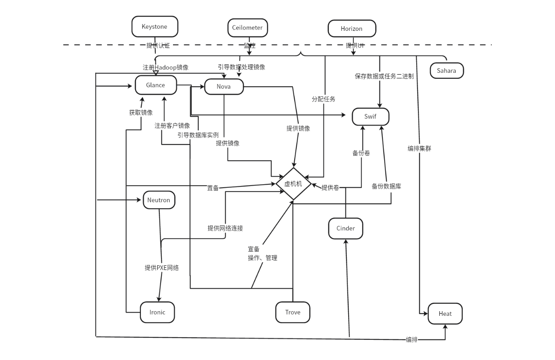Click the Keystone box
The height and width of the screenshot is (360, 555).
coord(155,27)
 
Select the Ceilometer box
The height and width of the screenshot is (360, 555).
coord(248,27)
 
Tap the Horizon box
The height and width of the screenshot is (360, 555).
coord(352,29)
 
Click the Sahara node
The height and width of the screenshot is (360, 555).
coord(447,71)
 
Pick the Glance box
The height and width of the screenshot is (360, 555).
coord(155,85)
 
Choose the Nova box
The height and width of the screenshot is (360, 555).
coord(224,87)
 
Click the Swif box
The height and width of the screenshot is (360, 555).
coord(370,117)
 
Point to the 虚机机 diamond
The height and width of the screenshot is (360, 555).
coord(293,183)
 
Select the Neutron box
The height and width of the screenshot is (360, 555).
coord(159,200)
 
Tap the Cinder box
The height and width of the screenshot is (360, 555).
coord(346,228)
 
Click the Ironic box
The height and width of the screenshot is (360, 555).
coord(157,312)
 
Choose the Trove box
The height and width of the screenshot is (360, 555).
coord(292,312)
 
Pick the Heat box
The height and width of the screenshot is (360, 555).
coord(445,314)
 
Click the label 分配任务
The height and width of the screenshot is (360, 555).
coord(323,99)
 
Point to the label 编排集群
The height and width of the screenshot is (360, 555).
coord(419,149)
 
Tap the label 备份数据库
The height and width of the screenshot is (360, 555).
coord(386,186)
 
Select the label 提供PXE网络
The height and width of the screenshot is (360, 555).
coord(161,268)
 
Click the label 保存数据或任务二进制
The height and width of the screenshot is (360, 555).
coord(384,76)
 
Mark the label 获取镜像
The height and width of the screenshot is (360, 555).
coord(141,113)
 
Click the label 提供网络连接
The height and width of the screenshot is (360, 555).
coord(225,228)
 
